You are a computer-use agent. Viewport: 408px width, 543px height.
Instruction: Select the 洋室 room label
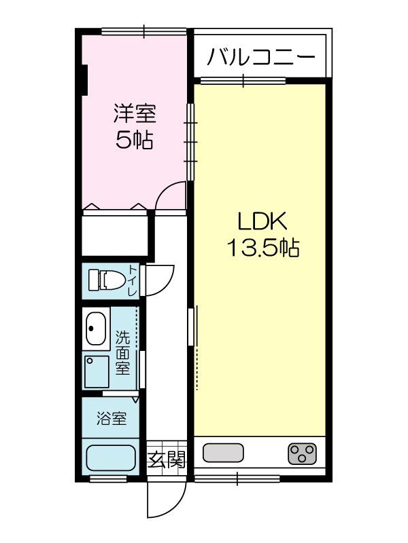click(134, 113)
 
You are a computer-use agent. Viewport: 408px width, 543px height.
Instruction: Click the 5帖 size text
click(134, 140)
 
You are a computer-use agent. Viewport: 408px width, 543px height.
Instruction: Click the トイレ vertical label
click(132, 280)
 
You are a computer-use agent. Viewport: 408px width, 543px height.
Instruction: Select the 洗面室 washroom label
click(122, 352)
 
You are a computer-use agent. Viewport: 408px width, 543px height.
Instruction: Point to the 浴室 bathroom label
click(112, 418)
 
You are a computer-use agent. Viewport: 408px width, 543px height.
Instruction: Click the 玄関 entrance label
click(166, 460)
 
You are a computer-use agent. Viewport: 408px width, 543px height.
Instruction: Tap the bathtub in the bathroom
click(112, 460)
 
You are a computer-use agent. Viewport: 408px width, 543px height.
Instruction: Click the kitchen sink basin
click(223, 452)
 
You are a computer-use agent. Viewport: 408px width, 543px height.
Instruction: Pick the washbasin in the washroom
click(95, 329)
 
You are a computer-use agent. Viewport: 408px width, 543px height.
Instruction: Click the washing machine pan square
click(97, 372)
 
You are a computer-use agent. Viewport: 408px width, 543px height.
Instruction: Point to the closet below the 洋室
click(114, 233)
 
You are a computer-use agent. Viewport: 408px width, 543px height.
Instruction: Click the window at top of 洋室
click(143, 31)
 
